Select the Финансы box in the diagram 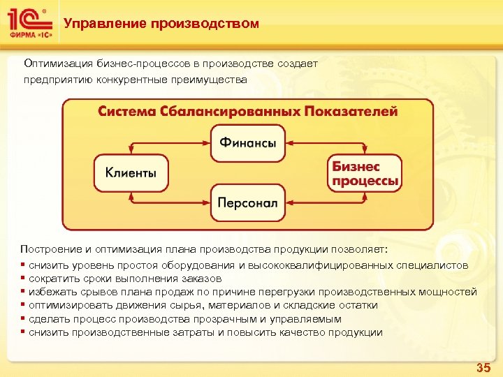[248, 143]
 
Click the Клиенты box [131, 172]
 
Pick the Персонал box [248, 203]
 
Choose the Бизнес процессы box [365, 174]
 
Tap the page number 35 [483, 367]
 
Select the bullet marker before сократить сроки [24, 279]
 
